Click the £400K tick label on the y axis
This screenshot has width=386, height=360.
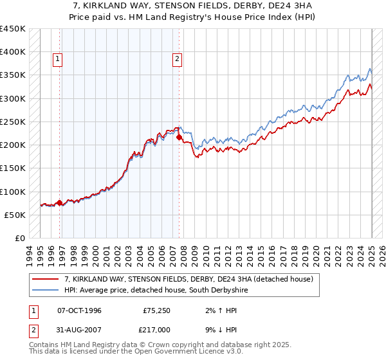click(13, 52)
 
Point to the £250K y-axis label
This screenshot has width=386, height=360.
click(13, 122)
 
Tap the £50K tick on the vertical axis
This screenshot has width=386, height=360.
click(15, 215)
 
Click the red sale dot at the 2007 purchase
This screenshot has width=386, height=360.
click(179, 137)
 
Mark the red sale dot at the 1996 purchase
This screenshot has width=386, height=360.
click(60, 203)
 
